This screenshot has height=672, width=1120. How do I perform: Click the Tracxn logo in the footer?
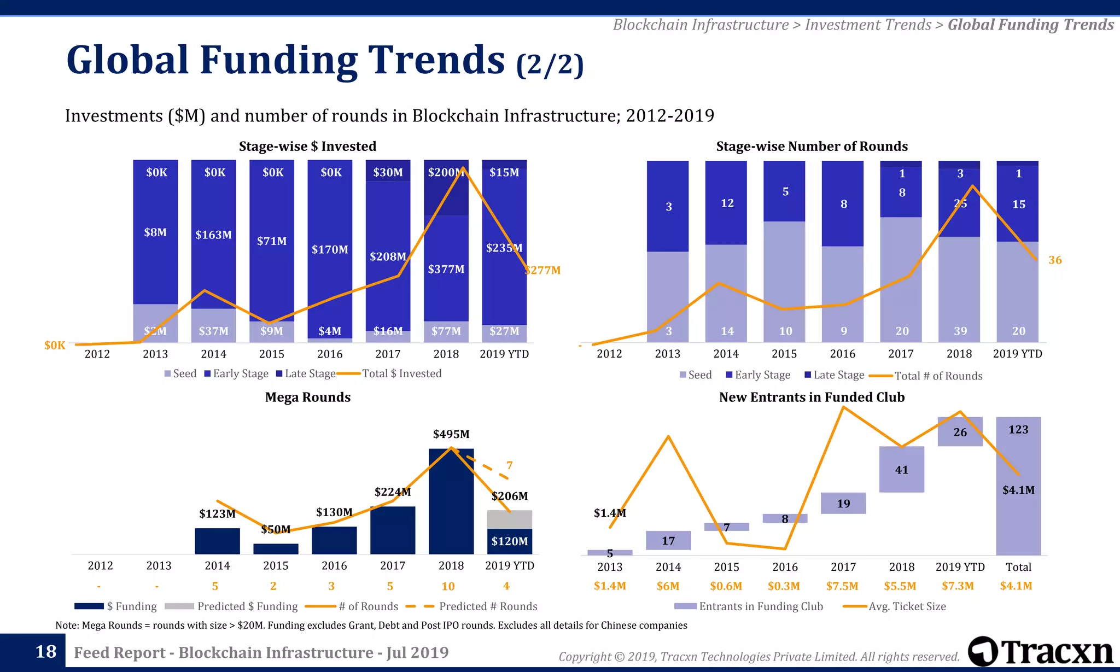(1040, 651)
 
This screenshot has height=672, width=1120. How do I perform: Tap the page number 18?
(46, 651)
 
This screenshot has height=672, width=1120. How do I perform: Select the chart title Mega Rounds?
(307, 397)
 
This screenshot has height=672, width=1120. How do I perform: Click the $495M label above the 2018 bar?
(451, 434)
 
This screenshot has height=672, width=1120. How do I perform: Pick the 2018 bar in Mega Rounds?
(451, 509)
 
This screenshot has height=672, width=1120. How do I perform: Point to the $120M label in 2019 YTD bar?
(510, 541)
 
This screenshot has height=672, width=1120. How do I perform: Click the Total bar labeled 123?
(1018, 492)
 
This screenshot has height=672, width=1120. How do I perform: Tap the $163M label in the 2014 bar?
(213, 235)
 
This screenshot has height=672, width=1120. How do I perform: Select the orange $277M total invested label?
(544, 270)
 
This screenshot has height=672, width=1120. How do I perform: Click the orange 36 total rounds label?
(1055, 260)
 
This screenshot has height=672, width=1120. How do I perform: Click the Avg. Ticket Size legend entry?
(907, 606)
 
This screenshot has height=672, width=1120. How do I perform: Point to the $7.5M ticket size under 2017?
(842, 586)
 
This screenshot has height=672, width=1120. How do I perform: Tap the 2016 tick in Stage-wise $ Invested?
(330, 354)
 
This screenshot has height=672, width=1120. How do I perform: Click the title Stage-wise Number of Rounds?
(812, 147)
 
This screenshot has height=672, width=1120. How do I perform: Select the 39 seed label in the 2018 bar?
(960, 331)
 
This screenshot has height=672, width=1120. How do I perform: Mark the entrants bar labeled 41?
(901, 470)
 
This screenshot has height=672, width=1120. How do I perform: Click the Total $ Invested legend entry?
(401, 373)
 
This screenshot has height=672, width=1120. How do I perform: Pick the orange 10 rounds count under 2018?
(448, 586)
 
